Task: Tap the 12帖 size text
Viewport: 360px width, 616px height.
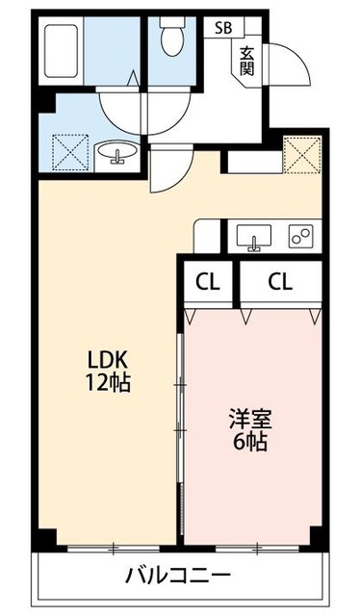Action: (106, 381)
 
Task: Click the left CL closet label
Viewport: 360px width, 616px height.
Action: (206, 282)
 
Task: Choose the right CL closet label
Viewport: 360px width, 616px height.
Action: (279, 282)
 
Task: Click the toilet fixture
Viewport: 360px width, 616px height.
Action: (173, 38)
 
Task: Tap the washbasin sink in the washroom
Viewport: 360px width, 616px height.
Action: (117, 153)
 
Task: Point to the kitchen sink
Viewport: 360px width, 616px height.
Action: (255, 237)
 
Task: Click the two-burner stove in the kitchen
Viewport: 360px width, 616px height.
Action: (301, 237)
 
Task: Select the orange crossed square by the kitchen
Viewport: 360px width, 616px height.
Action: (301, 153)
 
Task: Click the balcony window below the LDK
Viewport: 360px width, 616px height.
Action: (113, 550)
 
